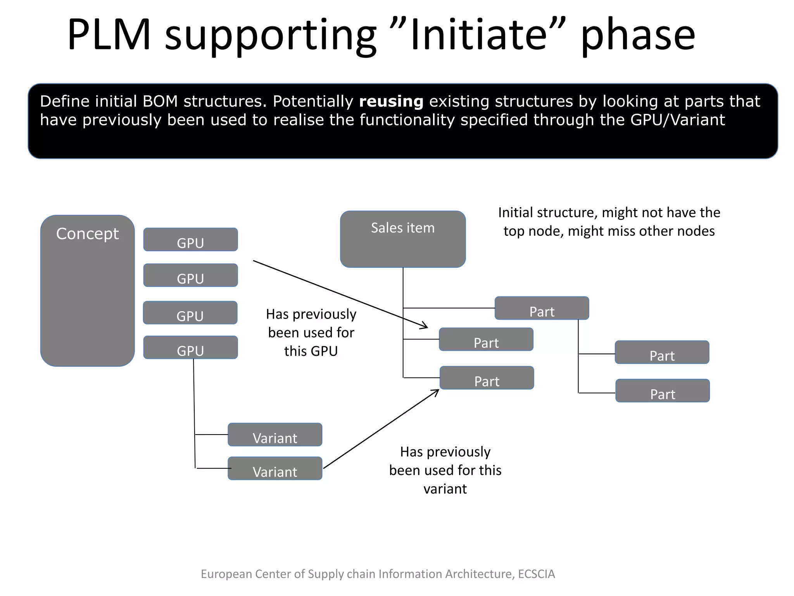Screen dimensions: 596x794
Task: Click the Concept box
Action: pyautogui.click(x=87, y=291)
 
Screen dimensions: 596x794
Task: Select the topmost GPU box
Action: pyautogui.click(x=190, y=240)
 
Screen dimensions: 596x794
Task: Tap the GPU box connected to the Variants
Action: pyautogui.click(x=190, y=348)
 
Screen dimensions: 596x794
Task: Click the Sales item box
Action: pyautogui.click(x=403, y=239)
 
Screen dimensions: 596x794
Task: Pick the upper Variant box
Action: pyautogui.click(x=275, y=435)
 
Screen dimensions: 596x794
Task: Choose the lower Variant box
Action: pyautogui.click(x=275, y=469)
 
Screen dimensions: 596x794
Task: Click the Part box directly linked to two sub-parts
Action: pyautogui.click(x=542, y=308)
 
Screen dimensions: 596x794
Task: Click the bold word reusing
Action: pyautogui.click(x=391, y=101)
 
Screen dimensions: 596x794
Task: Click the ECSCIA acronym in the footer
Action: pyautogui.click(x=536, y=574)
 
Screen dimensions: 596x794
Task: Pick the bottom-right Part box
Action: pyautogui.click(x=663, y=391)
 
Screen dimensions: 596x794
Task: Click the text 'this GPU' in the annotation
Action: pyautogui.click(x=311, y=351)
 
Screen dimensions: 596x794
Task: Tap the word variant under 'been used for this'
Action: pyautogui.click(x=445, y=489)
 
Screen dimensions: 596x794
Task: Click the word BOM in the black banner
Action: pyautogui.click(x=160, y=101)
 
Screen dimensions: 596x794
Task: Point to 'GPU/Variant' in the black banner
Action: pyautogui.click(x=677, y=120)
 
